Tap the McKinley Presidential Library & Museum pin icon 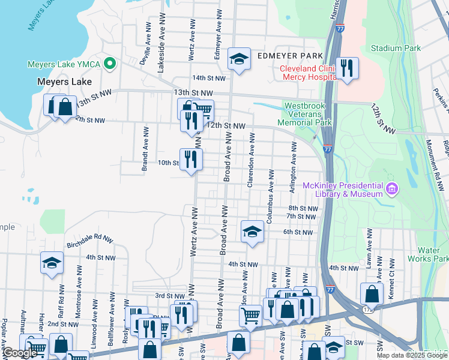pos(393,190)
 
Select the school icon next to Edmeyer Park pos(239,59)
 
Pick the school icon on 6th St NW pos(252,232)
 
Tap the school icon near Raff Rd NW pos(52,263)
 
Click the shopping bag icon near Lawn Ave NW pos(372,295)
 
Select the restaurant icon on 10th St pos(191,160)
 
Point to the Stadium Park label pos(395,48)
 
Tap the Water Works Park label pos(433,254)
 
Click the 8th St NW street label pos(302,208)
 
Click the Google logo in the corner pos(20,353)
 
